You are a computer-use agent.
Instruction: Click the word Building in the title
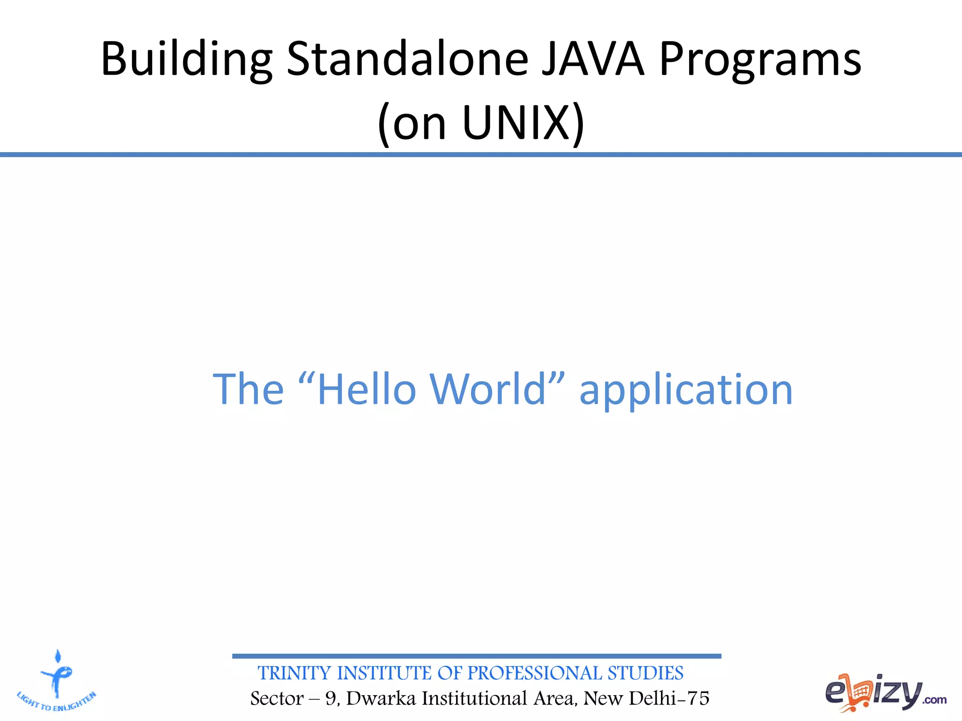(186, 60)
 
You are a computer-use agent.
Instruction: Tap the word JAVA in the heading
(593, 59)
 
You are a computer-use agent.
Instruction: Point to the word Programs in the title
(760, 60)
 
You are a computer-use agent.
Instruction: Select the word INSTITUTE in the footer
(384, 673)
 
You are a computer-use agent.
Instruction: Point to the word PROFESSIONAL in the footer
(535, 673)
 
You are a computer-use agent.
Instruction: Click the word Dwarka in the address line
(381, 698)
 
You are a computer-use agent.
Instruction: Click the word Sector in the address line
(277, 698)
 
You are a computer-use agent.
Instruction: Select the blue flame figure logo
(57, 674)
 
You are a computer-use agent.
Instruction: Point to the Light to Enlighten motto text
(56, 702)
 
